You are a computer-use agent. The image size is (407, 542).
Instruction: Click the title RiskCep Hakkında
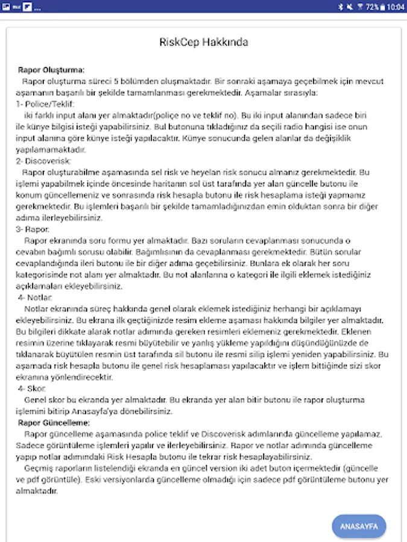(x=203, y=42)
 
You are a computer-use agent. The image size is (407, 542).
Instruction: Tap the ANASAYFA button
(x=359, y=526)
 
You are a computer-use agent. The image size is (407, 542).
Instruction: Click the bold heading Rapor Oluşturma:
(x=51, y=70)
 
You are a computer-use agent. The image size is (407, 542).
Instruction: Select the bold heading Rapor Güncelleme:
(x=54, y=422)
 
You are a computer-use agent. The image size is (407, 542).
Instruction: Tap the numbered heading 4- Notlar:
(x=36, y=297)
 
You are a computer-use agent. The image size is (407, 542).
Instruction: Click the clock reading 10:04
(x=396, y=7)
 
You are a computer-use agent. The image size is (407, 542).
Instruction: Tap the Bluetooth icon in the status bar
(x=341, y=7)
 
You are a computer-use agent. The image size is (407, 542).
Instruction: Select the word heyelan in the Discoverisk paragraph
(x=227, y=172)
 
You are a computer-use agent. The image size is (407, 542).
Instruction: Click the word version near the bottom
(x=237, y=468)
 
